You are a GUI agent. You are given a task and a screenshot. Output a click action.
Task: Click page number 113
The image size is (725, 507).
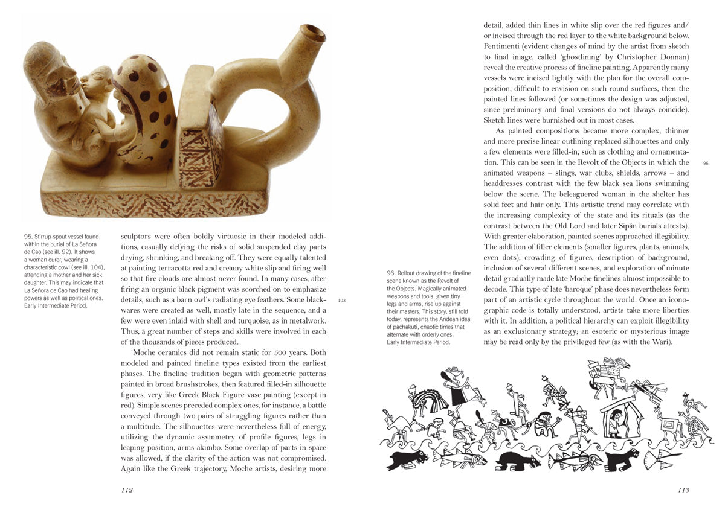tap(683, 490)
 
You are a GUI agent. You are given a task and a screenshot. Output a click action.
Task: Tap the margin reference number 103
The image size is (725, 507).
tap(341, 300)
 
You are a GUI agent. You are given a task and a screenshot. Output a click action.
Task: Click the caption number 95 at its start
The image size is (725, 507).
tap(28, 237)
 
